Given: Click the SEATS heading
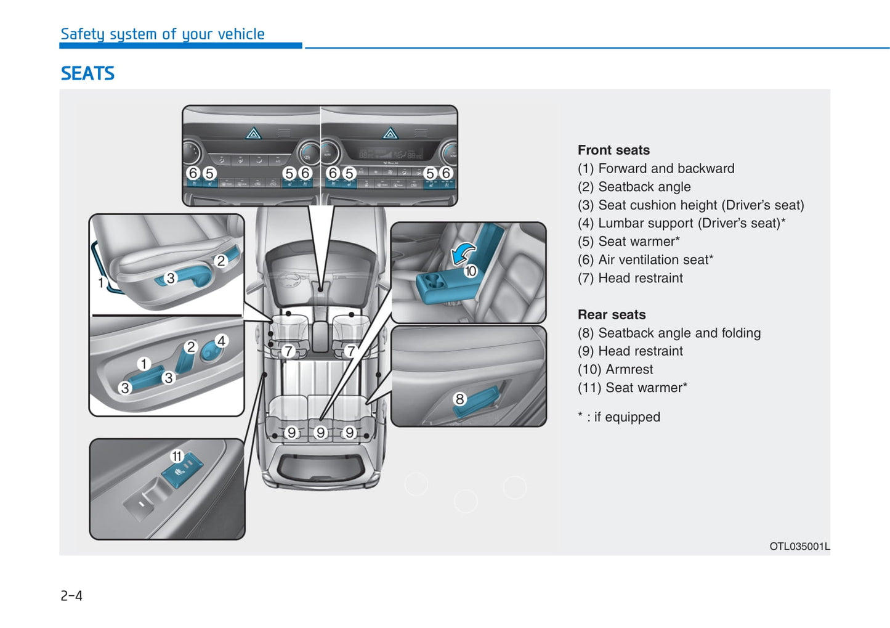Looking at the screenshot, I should click(x=87, y=73).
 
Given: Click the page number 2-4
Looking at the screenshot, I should click(x=71, y=595).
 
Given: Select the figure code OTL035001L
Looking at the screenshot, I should click(x=799, y=546).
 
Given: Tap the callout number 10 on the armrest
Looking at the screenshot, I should click(x=471, y=271).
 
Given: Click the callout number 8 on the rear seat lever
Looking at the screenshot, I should click(x=459, y=399).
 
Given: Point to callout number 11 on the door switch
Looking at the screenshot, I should click(x=177, y=456).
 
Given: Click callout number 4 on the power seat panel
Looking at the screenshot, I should click(x=221, y=341).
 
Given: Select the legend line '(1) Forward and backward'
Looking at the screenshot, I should click(x=656, y=168).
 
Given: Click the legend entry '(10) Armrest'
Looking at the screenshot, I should click(x=615, y=369).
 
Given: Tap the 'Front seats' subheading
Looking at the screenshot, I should click(x=613, y=150).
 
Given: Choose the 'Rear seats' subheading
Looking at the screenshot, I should click(x=612, y=314).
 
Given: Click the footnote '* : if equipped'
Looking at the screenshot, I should click(x=618, y=417).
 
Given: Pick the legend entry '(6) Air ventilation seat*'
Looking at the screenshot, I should click(x=645, y=260).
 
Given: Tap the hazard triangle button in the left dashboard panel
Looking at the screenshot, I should click(x=254, y=133).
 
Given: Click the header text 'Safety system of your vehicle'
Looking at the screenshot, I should click(x=163, y=34).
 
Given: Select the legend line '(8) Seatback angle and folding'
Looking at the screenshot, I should click(x=669, y=333).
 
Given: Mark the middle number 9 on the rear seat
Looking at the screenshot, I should click(x=320, y=433).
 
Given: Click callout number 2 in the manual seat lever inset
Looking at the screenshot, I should click(x=221, y=261).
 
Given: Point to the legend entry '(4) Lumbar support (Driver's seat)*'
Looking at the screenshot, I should click(x=681, y=223).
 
